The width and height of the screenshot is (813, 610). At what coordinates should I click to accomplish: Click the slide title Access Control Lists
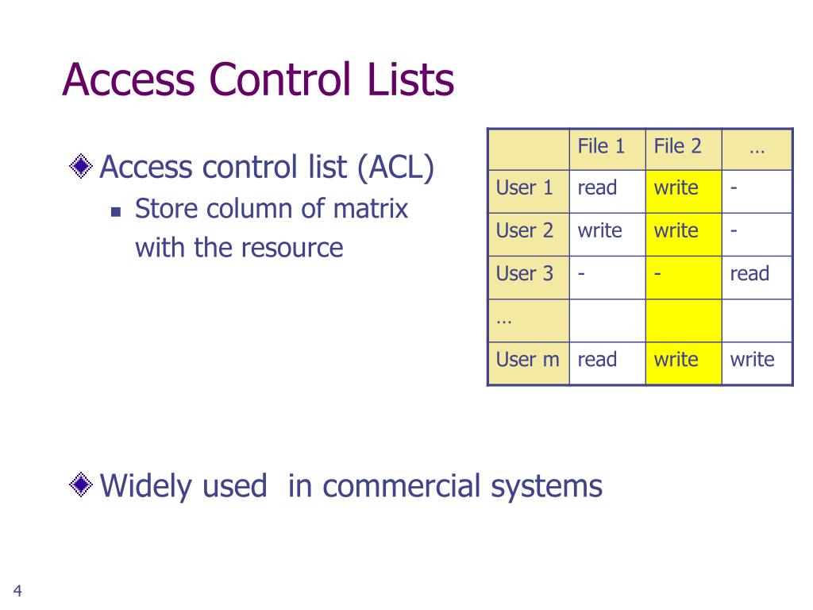[x=258, y=80]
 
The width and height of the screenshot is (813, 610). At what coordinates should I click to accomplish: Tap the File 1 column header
[x=601, y=146]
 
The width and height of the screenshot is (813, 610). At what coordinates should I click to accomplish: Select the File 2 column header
[x=677, y=146]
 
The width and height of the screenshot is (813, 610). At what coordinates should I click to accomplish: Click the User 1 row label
[x=524, y=188]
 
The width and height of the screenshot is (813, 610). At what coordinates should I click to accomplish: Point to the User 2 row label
[x=524, y=231]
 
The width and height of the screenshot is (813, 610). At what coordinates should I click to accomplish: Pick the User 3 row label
[x=524, y=274]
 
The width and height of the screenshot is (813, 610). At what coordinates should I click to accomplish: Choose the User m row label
[x=527, y=360]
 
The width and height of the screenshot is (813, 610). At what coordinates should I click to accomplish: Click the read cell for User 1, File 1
[x=597, y=188]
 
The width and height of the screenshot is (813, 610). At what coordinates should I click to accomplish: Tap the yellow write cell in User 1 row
[x=676, y=188]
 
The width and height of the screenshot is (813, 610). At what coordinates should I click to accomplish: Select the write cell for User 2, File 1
[x=600, y=231]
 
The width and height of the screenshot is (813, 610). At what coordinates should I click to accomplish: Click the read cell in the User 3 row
[x=749, y=274]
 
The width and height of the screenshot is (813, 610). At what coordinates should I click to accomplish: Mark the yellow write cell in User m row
[x=676, y=360]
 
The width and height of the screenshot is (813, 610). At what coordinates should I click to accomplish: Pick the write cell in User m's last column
[x=752, y=360]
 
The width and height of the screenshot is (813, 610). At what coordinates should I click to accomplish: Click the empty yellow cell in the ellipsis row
[x=683, y=318]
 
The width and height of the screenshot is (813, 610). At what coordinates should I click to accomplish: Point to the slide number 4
[x=17, y=590]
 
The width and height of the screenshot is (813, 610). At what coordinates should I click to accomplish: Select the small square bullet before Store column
[x=116, y=212]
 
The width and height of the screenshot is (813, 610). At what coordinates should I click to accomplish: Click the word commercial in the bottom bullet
[x=401, y=485]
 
